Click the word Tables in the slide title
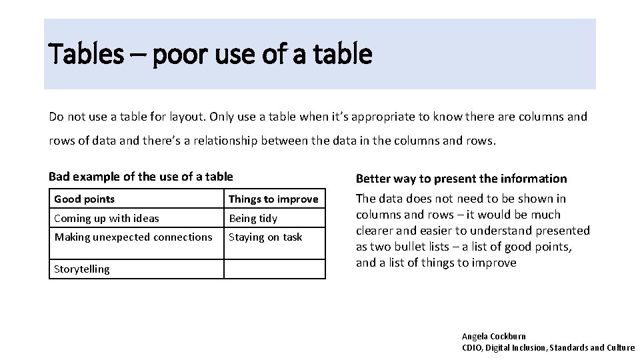tap(86, 54)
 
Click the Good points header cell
tap(84, 199)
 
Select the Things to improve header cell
tap(273, 199)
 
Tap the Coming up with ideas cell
tap(107, 218)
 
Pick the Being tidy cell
tap(253, 218)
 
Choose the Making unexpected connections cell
tap(133, 237)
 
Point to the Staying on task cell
tap(265, 237)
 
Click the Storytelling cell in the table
tap(82, 269)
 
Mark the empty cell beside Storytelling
tap(275, 269)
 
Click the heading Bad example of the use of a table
tap(141, 177)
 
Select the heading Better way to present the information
tap(461, 179)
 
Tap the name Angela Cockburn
tap(494, 337)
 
